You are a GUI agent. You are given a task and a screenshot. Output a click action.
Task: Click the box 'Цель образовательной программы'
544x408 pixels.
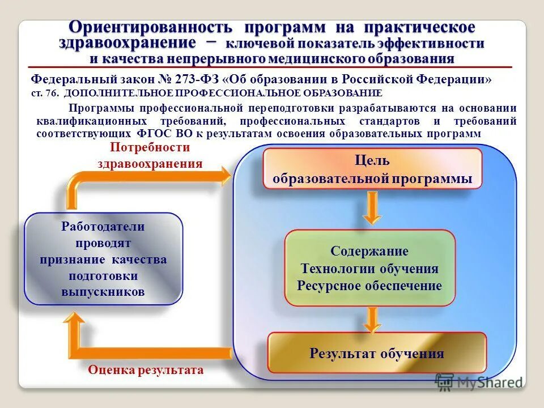(373, 168)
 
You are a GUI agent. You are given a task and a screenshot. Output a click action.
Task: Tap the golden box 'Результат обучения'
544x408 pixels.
(376, 354)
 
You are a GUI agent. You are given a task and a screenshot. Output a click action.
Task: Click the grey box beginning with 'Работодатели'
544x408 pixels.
(103, 259)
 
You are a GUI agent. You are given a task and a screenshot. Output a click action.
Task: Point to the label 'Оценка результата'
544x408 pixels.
(145, 370)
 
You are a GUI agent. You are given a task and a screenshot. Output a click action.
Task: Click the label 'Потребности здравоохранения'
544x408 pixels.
(150, 155)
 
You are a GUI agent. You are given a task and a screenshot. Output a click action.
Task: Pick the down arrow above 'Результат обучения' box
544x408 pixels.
(372, 320)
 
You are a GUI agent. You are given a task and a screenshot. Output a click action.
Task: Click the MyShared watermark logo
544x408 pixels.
(479, 382)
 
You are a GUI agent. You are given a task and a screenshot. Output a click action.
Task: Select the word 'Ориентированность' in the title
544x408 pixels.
(150, 27)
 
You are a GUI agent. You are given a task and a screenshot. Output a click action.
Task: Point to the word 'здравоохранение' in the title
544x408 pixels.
(127, 42)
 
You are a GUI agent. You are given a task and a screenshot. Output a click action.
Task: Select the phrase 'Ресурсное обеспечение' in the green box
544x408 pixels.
(369, 286)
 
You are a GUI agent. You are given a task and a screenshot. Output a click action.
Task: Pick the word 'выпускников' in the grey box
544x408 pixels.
(103, 292)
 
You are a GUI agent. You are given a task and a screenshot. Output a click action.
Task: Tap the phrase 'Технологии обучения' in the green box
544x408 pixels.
(369, 269)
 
